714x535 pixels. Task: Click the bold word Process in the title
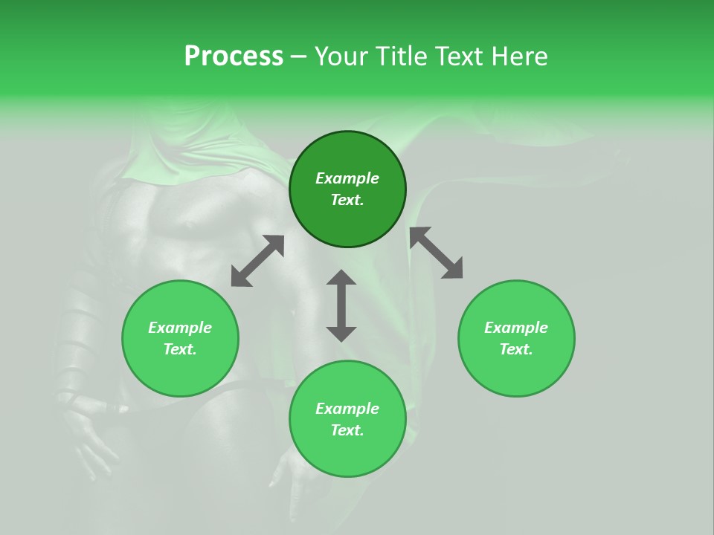[x=234, y=56]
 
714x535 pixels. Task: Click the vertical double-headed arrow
[x=341, y=306]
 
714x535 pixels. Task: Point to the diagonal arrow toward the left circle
[x=257, y=261]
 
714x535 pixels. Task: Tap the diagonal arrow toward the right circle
[x=437, y=253]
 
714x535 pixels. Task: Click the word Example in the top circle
[x=347, y=178]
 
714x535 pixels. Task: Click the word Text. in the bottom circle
[x=347, y=430]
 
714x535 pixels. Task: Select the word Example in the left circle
[x=180, y=328]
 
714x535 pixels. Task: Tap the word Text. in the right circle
[x=516, y=349]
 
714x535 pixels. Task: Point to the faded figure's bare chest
[x=186, y=223]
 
